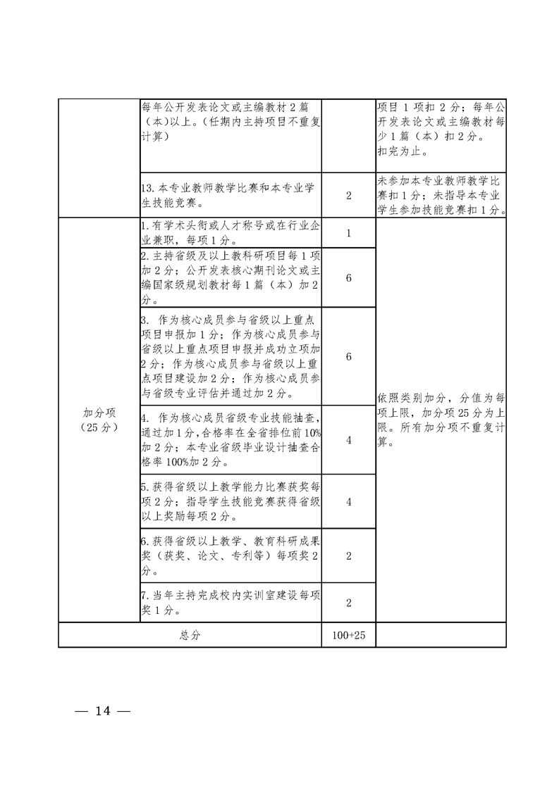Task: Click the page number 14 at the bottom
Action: point(102,711)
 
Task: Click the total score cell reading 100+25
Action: point(349,635)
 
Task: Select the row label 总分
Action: point(190,635)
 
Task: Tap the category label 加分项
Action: point(99,413)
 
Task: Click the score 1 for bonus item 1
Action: point(349,233)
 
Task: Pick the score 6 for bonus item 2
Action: point(349,277)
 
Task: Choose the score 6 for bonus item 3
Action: point(349,356)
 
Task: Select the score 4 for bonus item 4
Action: point(349,440)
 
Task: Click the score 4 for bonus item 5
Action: point(349,502)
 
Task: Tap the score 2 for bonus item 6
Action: point(349,556)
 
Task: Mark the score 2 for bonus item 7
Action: point(349,603)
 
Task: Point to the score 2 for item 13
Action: point(349,196)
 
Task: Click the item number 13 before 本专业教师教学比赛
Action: point(147,188)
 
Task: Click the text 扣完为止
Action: point(402,151)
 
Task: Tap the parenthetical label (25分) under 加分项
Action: point(99,428)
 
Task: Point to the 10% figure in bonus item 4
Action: point(312,432)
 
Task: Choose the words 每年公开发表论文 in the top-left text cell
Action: point(186,107)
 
